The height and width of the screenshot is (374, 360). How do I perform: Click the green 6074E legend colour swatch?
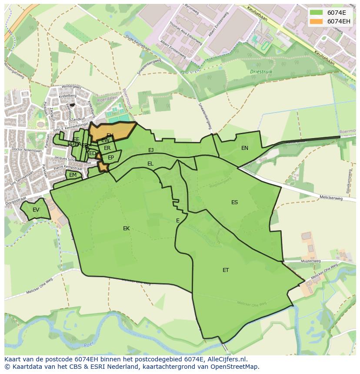tap(316, 13)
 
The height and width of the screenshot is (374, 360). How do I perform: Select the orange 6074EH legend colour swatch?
tap(316, 21)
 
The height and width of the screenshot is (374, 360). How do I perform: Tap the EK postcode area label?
tap(126, 228)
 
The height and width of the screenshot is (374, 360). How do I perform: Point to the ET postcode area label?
tap(226, 270)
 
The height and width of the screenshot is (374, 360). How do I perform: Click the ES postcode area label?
tap(234, 202)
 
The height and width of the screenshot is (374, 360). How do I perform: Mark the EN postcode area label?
tap(245, 148)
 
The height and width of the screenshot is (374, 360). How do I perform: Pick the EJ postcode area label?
tap(151, 150)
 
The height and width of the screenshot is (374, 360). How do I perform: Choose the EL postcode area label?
tap(150, 164)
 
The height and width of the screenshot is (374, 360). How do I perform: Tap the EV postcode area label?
tap(36, 210)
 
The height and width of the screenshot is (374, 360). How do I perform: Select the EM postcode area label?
tap(73, 175)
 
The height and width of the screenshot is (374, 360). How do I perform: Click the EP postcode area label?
tap(111, 158)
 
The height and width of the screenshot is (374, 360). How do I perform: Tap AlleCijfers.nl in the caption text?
tap(226, 359)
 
